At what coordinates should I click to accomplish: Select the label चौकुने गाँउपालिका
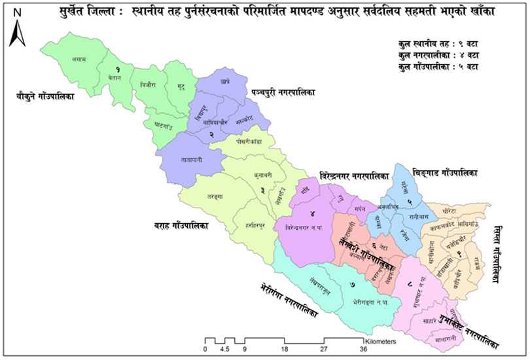point(45,97)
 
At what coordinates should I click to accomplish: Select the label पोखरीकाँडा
point(246,141)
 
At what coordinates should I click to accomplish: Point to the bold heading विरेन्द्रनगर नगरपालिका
point(354,175)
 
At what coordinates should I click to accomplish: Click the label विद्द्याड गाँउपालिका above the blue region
point(445,173)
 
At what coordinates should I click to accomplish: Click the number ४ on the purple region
point(313,213)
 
